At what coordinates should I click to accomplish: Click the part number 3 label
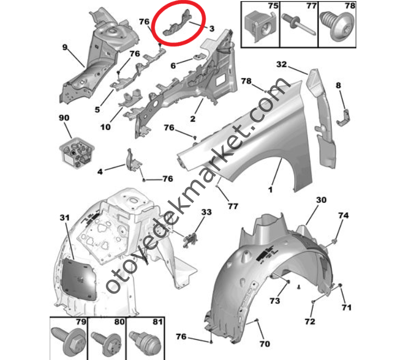[x=212, y=28]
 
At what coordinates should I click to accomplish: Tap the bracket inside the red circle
[x=178, y=24]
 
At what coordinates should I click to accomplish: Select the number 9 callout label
[x=65, y=47]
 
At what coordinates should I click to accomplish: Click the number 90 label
[x=64, y=118]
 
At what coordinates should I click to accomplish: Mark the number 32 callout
[x=282, y=64]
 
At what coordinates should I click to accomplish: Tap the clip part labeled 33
[x=190, y=240]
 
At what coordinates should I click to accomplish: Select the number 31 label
[x=65, y=218]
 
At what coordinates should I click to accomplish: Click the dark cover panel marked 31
[x=79, y=279]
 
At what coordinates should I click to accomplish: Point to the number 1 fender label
[x=270, y=190]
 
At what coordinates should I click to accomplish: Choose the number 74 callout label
[x=343, y=215]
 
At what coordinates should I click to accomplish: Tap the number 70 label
[x=264, y=344]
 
